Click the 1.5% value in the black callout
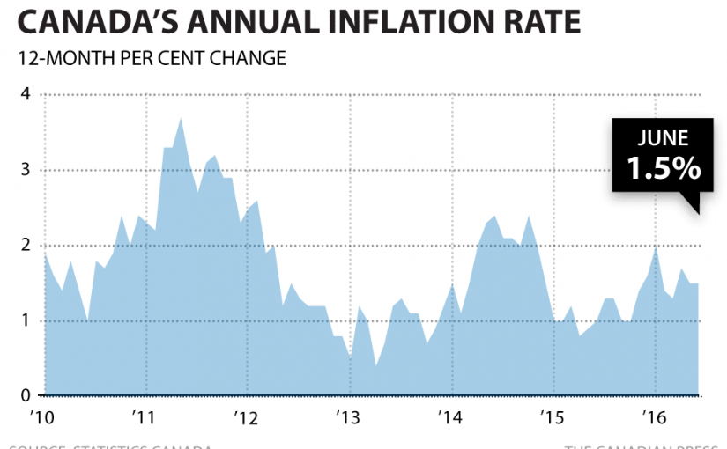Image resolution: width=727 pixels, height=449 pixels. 664,167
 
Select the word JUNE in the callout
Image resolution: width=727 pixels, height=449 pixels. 664,138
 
